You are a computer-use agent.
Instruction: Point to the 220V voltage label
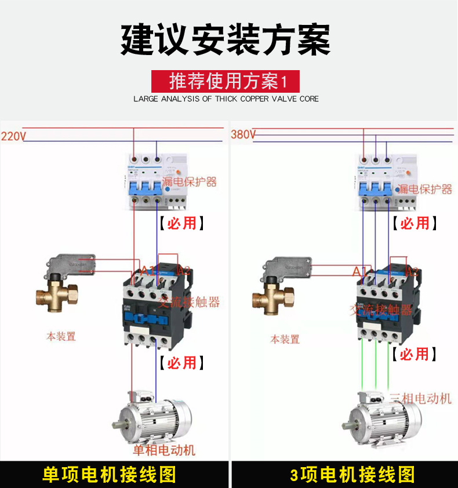click(x=13, y=137)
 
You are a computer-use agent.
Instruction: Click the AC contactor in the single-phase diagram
click(x=155, y=307)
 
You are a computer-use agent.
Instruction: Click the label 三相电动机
click(x=420, y=398)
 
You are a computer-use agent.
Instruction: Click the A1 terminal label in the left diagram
click(x=148, y=270)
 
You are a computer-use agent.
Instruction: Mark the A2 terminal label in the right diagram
click(x=412, y=271)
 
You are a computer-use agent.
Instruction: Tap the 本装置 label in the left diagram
click(x=61, y=336)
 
